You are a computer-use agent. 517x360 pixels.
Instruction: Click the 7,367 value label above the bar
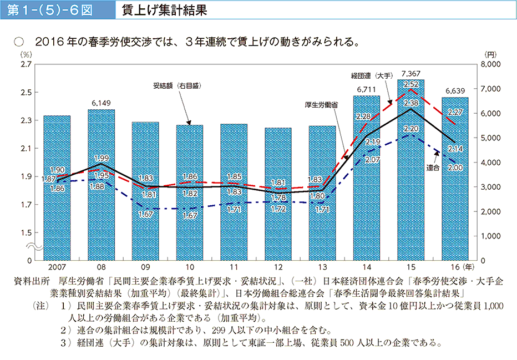[x=412, y=74]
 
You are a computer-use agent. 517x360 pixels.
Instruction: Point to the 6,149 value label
[x=101, y=103]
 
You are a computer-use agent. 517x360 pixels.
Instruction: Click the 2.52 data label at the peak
[x=411, y=84]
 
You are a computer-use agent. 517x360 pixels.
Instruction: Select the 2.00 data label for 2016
[x=455, y=167]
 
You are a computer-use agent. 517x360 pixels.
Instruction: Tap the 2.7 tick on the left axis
[x=25, y=65]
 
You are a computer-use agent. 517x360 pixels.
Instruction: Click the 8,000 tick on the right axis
[x=491, y=65]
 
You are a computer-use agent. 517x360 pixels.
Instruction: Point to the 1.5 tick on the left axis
[x=25, y=233]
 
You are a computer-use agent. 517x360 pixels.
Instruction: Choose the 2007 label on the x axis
[x=57, y=267]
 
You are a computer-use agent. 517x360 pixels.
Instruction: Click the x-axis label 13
[x=322, y=267]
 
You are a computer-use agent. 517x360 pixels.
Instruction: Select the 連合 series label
[x=434, y=167]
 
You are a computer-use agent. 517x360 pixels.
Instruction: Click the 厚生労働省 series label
[x=322, y=104]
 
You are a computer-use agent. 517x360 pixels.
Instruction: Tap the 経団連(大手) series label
[x=372, y=75]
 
